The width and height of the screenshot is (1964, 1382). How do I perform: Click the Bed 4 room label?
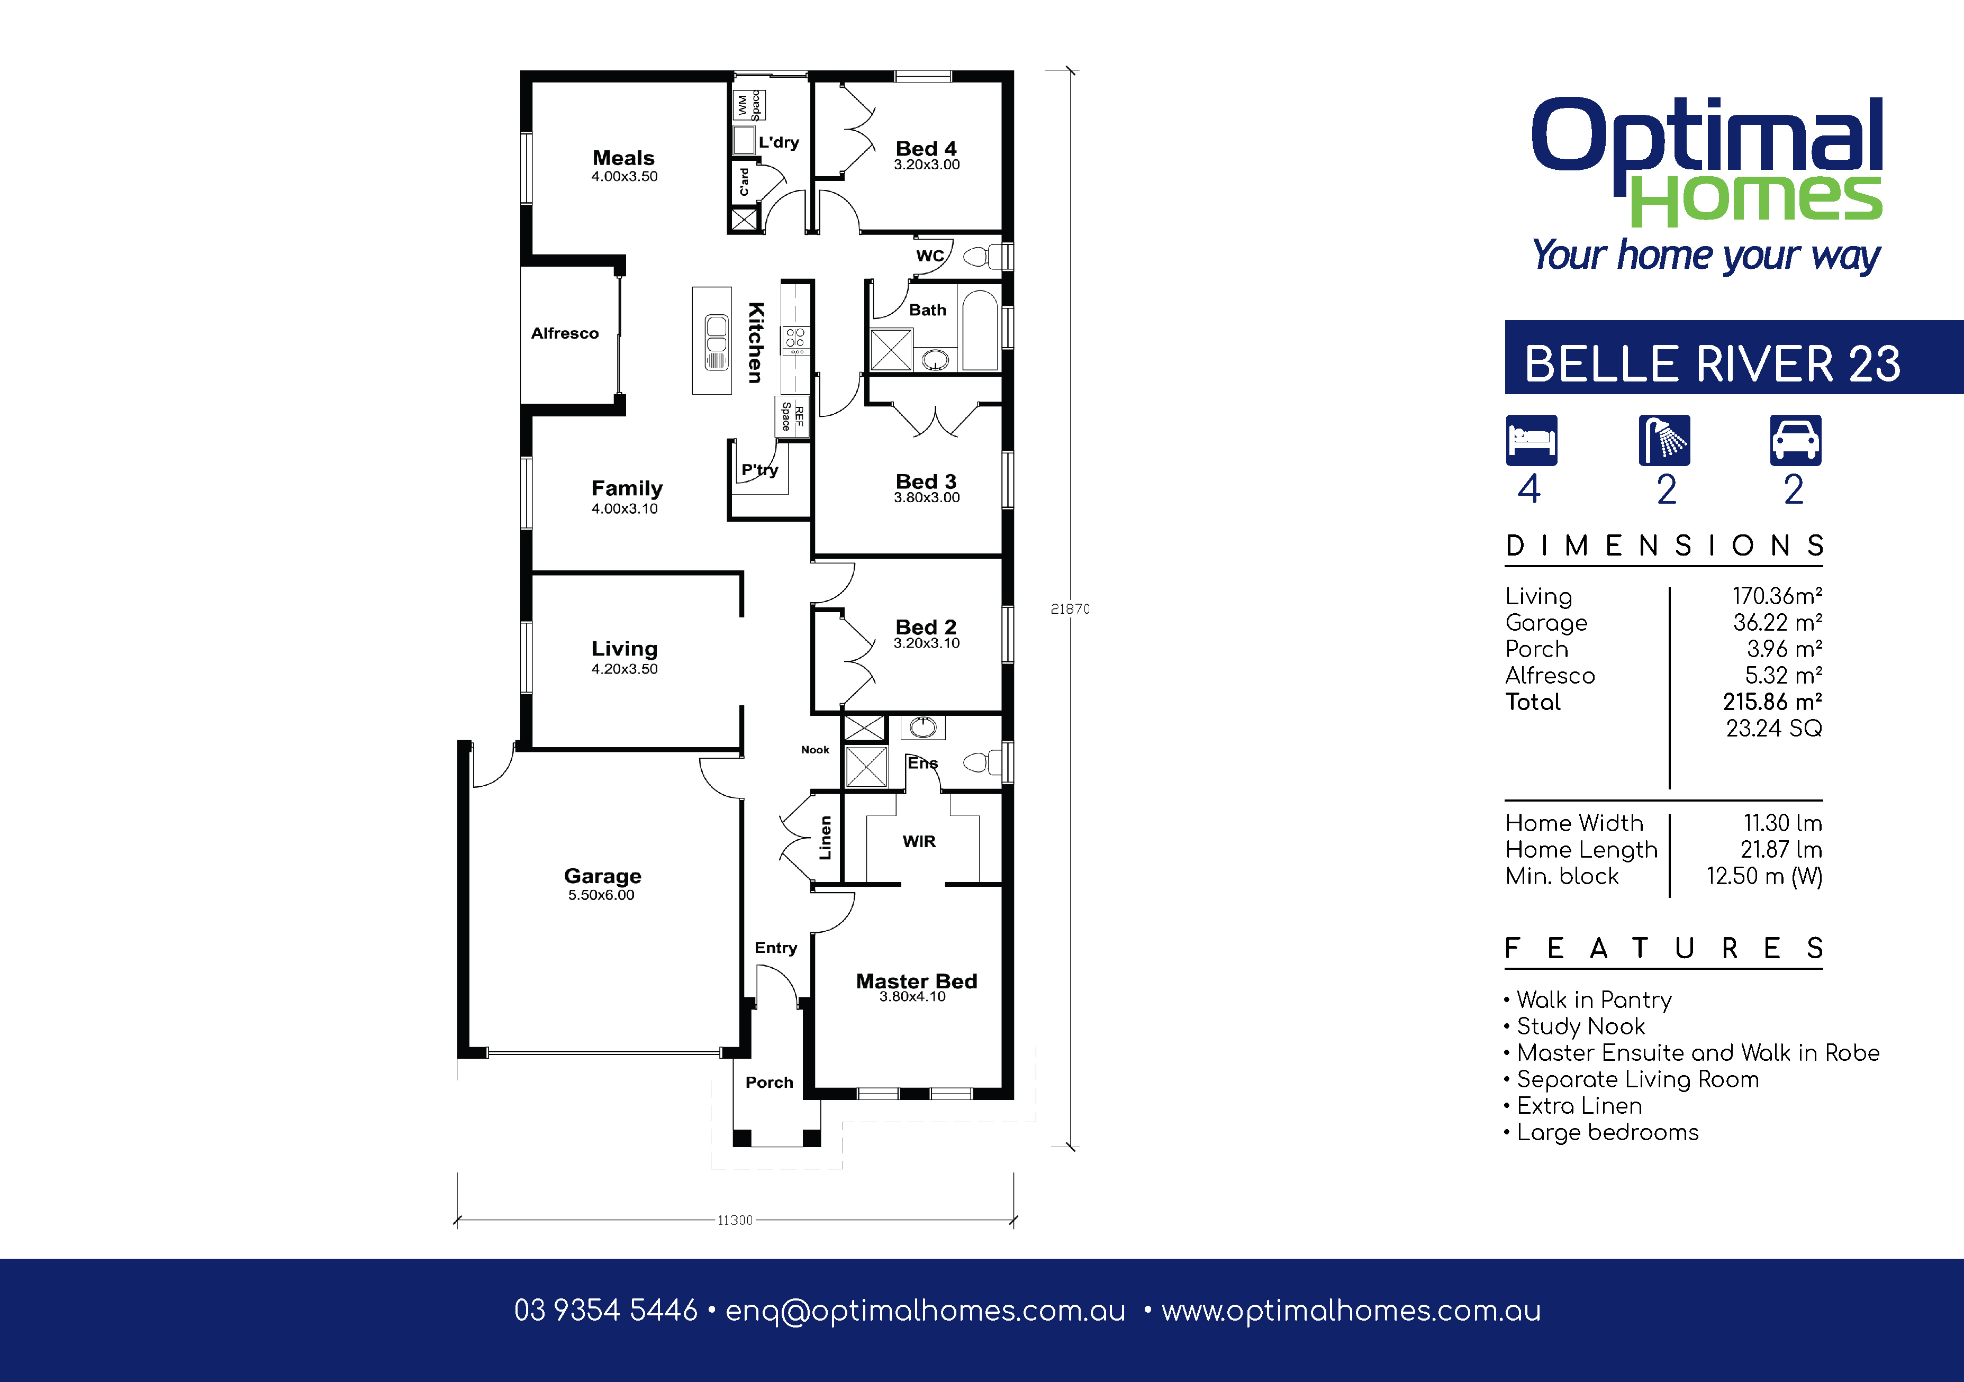(926, 149)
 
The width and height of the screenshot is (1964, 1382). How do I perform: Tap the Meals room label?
(623, 158)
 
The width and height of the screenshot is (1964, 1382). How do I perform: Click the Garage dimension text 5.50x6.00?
(601, 895)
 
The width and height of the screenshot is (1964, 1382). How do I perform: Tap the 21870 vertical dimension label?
(1070, 609)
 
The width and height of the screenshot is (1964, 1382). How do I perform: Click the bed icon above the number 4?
(1531, 440)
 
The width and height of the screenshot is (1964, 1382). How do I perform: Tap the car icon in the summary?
(1796, 440)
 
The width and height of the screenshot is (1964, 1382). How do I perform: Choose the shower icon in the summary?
(1664, 440)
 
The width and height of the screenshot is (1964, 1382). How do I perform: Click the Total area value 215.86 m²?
(1772, 702)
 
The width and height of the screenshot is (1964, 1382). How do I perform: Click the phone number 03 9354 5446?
(605, 1310)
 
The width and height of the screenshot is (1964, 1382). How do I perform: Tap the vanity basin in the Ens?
(922, 728)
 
